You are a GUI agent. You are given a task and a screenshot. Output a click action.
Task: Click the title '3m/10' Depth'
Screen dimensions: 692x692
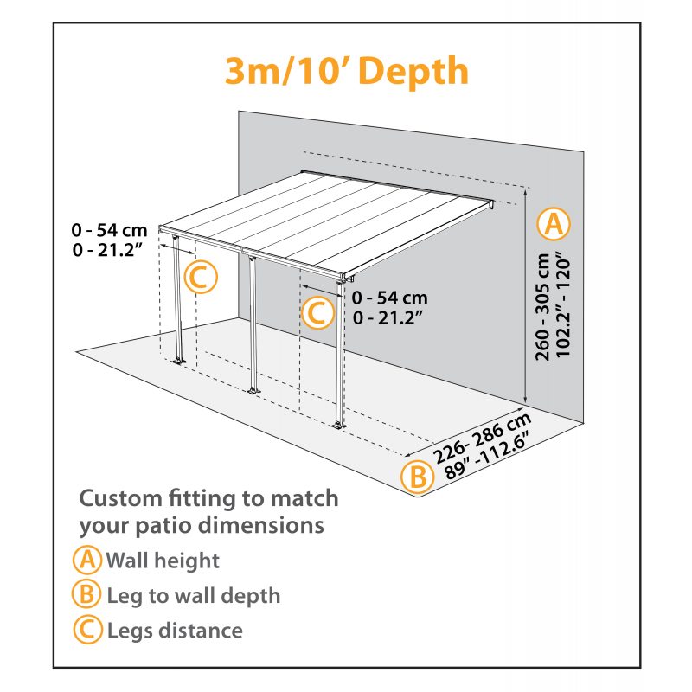click(x=346, y=71)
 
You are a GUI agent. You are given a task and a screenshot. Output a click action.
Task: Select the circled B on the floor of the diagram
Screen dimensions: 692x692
click(x=417, y=477)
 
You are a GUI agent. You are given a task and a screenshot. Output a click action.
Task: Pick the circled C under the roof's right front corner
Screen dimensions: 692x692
click(x=317, y=311)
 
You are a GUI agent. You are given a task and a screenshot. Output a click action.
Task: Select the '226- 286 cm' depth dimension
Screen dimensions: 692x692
click(x=481, y=438)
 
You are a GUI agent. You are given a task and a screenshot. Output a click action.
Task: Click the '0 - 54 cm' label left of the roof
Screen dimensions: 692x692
click(x=110, y=230)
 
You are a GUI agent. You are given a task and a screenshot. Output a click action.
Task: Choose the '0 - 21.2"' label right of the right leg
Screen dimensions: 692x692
click(x=388, y=317)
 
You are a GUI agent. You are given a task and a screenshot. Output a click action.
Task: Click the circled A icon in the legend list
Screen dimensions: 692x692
click(x=87, y=560)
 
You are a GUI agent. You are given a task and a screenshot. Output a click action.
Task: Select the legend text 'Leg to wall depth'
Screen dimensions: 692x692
click(x=193, y=595)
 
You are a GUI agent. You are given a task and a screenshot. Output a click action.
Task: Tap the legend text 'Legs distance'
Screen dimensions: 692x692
click(x=175, y=631)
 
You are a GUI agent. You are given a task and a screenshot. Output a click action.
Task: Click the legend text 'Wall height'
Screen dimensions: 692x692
click(x=163, y=561)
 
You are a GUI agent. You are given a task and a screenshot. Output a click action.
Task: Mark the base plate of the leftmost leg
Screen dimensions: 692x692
click(x=179, y=360)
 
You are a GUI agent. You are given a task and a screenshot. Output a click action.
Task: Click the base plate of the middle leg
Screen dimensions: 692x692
click(x=253, y=392)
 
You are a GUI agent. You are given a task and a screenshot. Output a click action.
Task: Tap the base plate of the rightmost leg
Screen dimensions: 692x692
click(x=339, y=425)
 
